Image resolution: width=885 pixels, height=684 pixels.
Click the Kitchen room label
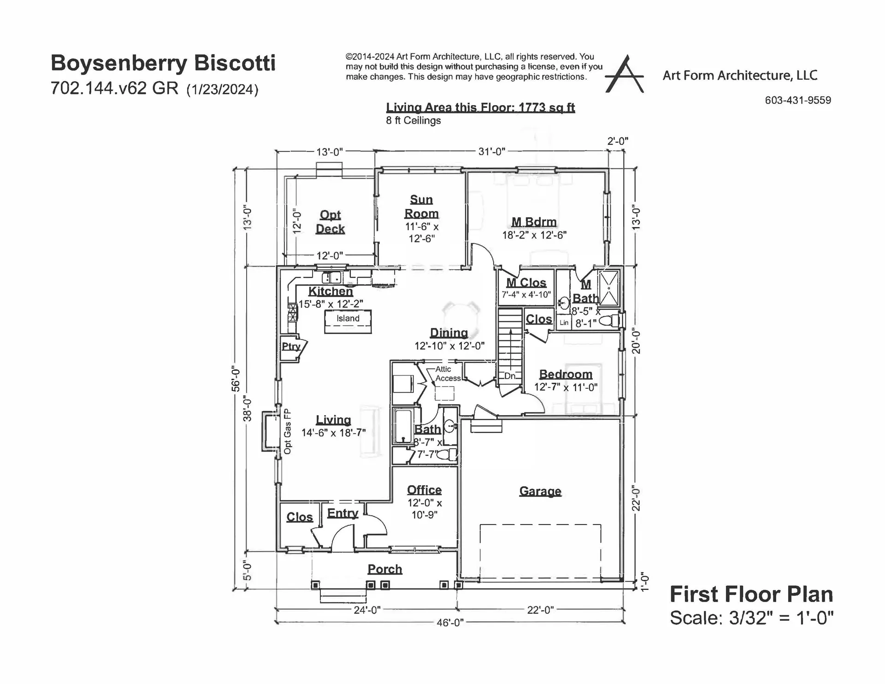pyautogui.click(x=330, y=291)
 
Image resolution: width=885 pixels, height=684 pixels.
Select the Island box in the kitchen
pyautogui.click(x=348, y=321)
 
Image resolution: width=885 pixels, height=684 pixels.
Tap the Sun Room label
pyautogui.click(x=421, y=207)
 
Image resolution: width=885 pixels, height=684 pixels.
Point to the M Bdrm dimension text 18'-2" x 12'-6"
pyautogui.click(x=534, y=235)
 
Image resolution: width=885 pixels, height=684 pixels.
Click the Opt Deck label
pyautogui.click(x=330, y=222)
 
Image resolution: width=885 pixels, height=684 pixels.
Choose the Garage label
pyautogui.click(x=540, y=491)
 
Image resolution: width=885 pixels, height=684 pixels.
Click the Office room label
pyautogui.click(x=424, y=490)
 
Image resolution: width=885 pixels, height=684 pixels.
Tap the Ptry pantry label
pyautogui.click(x=291, y=346)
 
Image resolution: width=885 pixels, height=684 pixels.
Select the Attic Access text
pyautogui.click(x=447, y=374)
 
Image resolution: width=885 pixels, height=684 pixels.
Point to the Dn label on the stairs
pyautogui.click(x=509, y=376)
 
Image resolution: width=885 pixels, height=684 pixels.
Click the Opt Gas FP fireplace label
pyautogui.click(x=288, y=432)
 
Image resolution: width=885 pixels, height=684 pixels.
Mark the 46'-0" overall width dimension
pyautogui.click(x=450, y=623)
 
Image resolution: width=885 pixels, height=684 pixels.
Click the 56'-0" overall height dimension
pyautogui.click(x=236, y=379)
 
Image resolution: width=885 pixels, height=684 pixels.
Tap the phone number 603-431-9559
pyautogui.click(x=798, y=101)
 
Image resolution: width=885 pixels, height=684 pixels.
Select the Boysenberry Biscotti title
pyautogui.click(x=163, y=63)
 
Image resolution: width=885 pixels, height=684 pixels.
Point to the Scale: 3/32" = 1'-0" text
pyautogui.click(x=751, y=618)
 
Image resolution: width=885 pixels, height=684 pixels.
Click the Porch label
pyautogui.click(x=384, y=569)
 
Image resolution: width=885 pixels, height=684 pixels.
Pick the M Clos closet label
pyautogui.click(x=526, y=283)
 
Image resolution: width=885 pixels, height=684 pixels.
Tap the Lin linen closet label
pyautogui.click(x=564, y=323)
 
